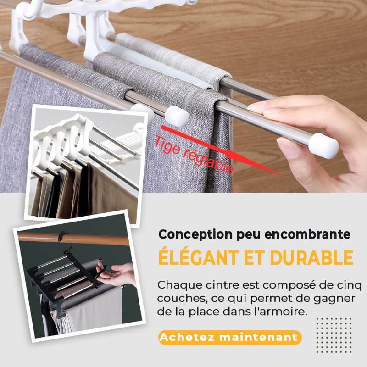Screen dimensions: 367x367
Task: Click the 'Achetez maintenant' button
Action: click(x=230, y=337)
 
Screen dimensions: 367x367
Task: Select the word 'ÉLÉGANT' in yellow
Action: click(x=198, y=257)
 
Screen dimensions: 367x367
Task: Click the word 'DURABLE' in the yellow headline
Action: click(x=311, y=258)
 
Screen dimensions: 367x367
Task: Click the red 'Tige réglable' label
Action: click(x=194, y=155)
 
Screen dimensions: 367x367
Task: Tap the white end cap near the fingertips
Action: click(x=324, y=145)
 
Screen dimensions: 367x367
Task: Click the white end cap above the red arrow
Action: click(x=177, y=116)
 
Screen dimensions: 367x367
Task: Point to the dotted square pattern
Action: click(x=334, y=335)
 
